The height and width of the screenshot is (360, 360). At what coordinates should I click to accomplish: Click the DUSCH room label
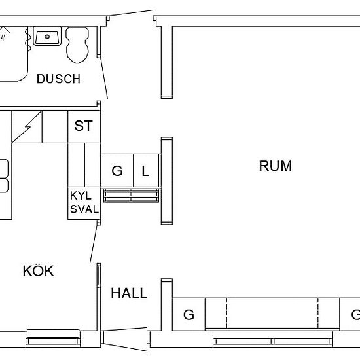(58, 79)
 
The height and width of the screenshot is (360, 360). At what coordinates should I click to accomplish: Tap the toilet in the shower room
(77, 45)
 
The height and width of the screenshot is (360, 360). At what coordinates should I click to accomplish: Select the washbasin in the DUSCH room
(47, 36)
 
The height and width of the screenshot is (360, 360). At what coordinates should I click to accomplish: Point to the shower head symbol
(4, 33)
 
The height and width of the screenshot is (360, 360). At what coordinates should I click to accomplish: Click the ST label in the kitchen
(83, 126)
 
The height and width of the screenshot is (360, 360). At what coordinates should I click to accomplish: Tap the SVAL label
(84, 209)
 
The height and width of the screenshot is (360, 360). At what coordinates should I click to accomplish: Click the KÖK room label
(39, 271)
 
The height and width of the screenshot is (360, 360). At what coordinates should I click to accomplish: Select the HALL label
(129, 293)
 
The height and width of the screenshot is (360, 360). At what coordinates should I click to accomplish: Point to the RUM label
(276, 166)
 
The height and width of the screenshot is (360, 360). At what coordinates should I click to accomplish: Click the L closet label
(145, 171)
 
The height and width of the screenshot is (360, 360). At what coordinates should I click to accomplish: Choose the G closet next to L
(117, 171)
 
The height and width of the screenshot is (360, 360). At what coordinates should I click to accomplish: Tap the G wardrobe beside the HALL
(189, 315)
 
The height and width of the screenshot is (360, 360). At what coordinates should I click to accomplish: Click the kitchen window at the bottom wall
(53, 338)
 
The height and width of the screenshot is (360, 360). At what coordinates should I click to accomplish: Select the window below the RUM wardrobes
(272, 338)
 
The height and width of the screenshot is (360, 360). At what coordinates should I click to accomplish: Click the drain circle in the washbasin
(47, 37)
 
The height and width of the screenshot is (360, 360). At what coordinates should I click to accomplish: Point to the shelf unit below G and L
(132, 196)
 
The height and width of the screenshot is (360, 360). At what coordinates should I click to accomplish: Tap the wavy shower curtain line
(27, 38)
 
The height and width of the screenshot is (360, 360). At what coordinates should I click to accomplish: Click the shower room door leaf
(104, 78)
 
